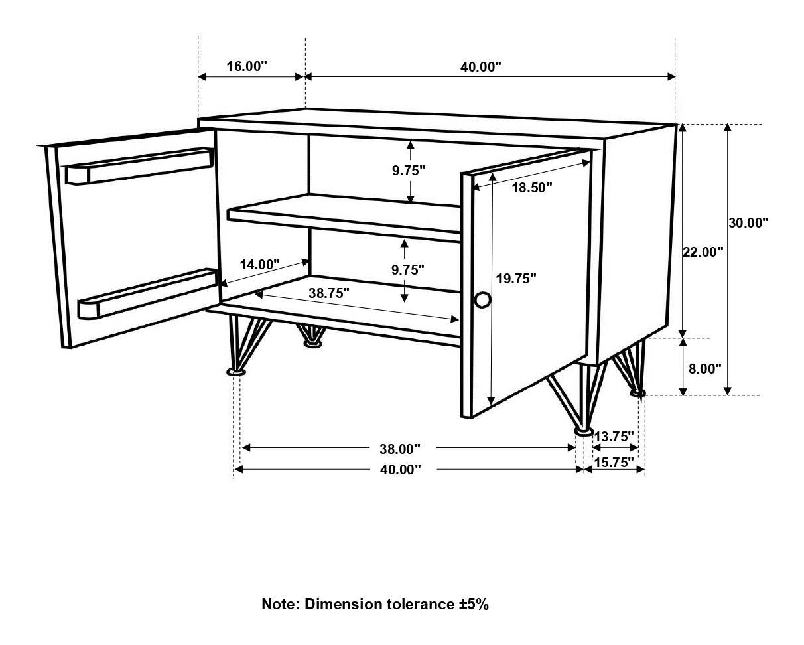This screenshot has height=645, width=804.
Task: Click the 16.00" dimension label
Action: [x=246, y=66]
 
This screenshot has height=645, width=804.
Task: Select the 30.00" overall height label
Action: [x=748, y=223]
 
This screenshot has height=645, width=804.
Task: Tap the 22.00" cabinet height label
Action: [x=703, y=252]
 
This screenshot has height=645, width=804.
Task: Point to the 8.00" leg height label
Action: [x=704, y=369]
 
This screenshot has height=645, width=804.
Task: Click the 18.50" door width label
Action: [x=531, y=188]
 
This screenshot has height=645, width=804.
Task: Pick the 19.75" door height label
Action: [x=515, y=279]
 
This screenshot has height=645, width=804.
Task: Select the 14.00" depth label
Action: [x=260, y=265]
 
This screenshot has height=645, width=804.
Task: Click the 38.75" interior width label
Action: [x=328, y=293]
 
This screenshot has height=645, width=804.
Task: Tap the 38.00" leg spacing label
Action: [x=400, y=449]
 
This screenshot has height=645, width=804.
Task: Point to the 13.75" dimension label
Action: [x=614, y=437]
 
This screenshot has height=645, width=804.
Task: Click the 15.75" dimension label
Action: [x=614, y=463]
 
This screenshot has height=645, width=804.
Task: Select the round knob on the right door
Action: [x=482, y=301]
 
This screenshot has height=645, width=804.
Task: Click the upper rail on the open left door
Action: [x=139, y=165]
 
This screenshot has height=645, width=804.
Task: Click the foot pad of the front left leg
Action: [x=235, y=373]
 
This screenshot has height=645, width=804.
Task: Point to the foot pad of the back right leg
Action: [x=637, y=394]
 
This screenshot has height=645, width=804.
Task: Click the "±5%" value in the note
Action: [x=473, y=604]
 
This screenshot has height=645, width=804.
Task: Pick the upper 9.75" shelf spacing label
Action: [x=408, y=171]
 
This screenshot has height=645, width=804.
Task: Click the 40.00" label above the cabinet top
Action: [x=480, y=66]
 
